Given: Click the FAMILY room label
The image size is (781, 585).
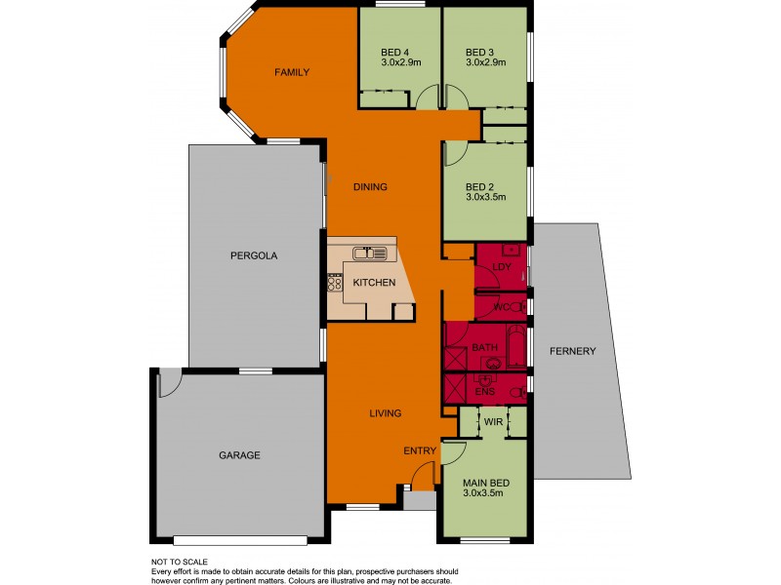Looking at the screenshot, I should pyautogui.click(x=291, y=72).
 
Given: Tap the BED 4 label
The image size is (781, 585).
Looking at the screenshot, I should pyautogui.click(x=395, y=52).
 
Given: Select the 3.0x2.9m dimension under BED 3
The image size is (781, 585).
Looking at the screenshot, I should pyautogui.click(x=485, y=63).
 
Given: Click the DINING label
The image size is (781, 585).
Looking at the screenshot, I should pyautogui.click(x=371, y=187).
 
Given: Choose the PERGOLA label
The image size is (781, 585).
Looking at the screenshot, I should pyautogui.click(x=254, y=256).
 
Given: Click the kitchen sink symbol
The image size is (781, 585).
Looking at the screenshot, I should pyautogui.click(x=370, y=253).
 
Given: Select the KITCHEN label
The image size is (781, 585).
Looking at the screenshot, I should pyautogui.click(x=374, y=283).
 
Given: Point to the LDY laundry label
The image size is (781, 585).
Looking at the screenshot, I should pyautogui.click(x=503, y=265).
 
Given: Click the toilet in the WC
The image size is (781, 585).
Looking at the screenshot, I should pyautogui.click(x=518, y=307).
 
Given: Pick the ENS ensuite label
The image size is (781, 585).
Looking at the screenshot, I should pyautogui.click(x=485, y=391).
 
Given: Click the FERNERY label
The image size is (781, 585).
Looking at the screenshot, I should pyautogui.click(x=571, y=351).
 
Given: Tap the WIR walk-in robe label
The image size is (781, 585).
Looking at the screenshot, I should pyautogui.click(x=494, y=423).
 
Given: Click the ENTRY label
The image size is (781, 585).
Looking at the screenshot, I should pyautogui.click(x=421, y=450).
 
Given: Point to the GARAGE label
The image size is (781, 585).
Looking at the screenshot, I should pyautogui.click(x=238, y=455).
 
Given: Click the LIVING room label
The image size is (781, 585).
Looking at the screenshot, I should pyautogui.click(x=385, y=413).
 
